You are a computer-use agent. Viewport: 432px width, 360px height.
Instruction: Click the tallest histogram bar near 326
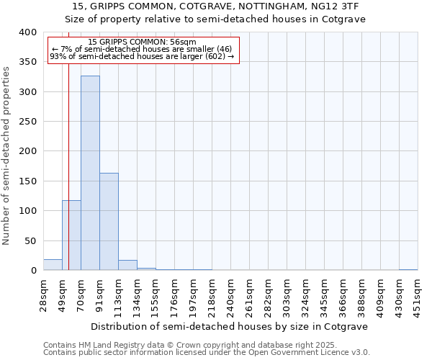click(x=90, y=173)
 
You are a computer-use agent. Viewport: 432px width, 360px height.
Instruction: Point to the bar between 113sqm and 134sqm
click(x=127, y=265)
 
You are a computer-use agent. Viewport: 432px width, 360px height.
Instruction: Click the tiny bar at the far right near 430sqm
click(x=408, y=269)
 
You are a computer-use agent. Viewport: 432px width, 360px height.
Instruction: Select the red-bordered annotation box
click(x=143, y=50)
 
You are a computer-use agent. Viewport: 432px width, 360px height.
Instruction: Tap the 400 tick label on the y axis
click(x=27, y=32)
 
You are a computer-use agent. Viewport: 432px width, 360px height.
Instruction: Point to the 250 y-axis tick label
click(x=27, y=122)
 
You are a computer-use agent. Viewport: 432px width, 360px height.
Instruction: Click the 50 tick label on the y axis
click(x=30, y=240)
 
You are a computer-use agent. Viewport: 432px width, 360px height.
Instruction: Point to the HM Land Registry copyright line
click(x=191, y=345)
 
